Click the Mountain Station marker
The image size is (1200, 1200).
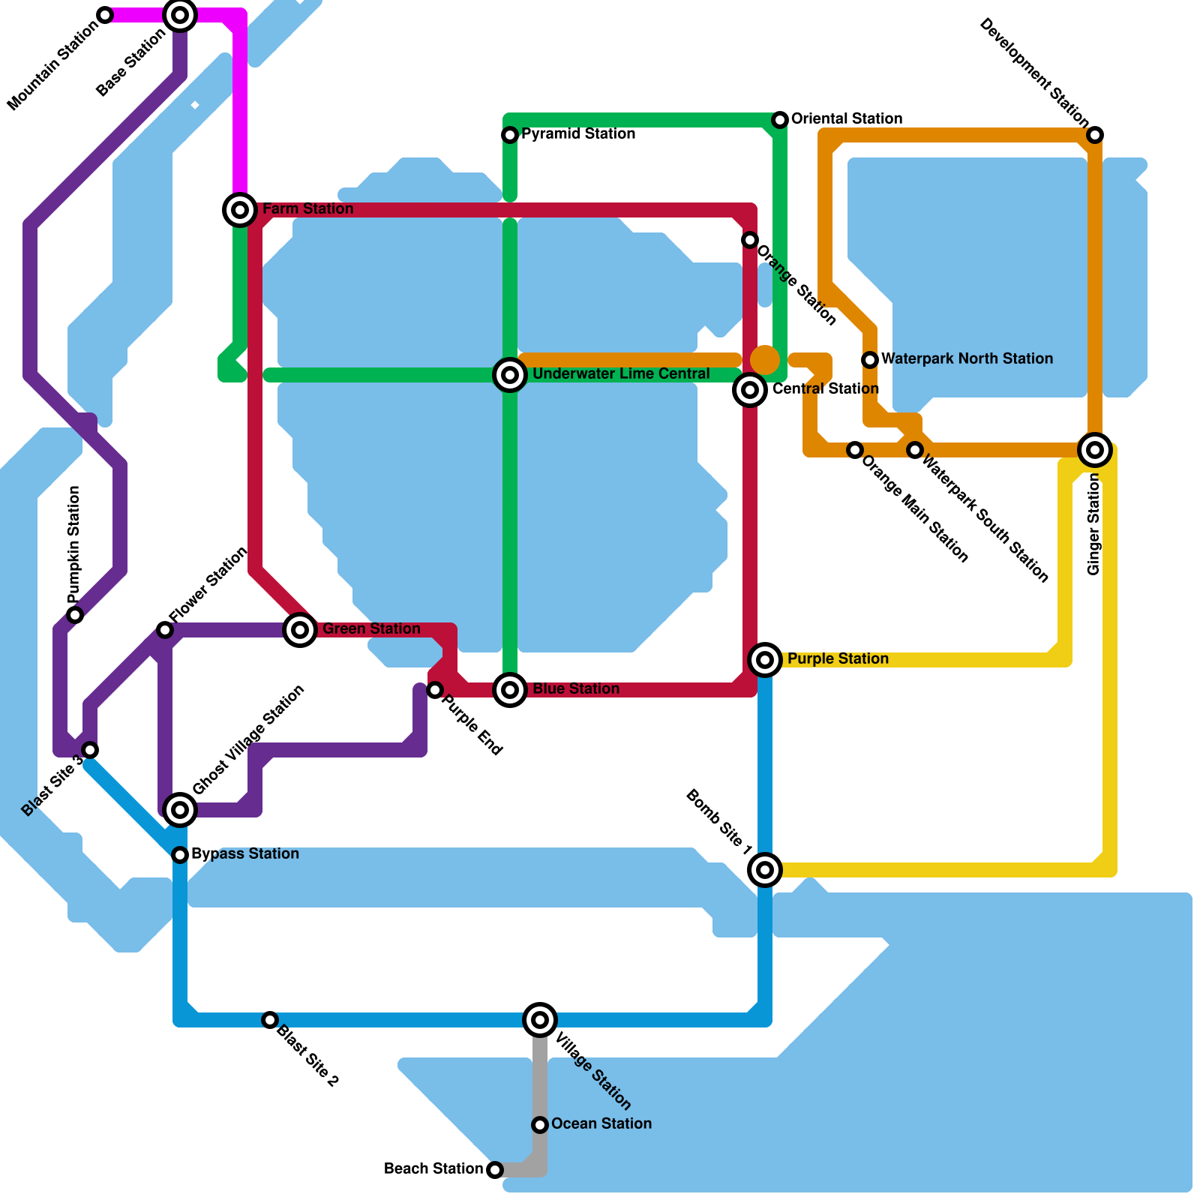(105, 15)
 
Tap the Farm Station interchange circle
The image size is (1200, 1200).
(240, 210)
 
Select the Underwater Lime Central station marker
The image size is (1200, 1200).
(510, 375)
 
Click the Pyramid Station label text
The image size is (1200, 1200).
(578, 134)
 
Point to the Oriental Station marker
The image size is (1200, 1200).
(780, 120)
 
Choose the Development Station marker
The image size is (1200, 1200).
(1095, 135)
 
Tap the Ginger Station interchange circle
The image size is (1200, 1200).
(1095, 450)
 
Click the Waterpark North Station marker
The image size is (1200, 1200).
(870, 360)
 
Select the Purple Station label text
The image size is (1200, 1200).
(838, 659)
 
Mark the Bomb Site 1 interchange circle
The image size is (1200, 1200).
(765, 870)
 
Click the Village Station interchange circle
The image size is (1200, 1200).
(540, 1020)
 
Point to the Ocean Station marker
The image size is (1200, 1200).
(540, 1125)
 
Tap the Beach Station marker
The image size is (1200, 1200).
(495, 1170)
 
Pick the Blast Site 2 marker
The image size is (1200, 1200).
(270, 1020)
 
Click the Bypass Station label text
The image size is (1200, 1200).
(245, 854)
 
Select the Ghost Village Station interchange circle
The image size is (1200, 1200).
(180, 810)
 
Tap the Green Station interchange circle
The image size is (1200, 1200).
(300, 630)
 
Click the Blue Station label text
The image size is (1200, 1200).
(576, 689)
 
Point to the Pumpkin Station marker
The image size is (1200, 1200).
(75, 615)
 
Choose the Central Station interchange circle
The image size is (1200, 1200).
(750, 390)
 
